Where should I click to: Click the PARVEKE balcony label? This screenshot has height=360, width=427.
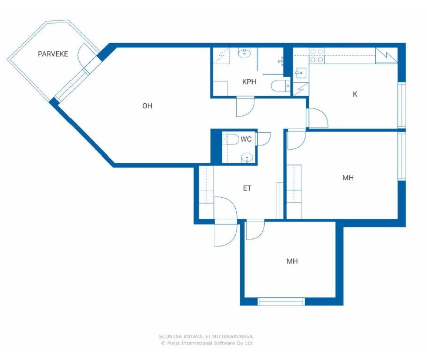53,54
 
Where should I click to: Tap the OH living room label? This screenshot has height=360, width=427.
147,106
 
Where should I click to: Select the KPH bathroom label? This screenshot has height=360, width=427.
249,82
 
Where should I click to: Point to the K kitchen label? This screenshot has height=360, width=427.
355,94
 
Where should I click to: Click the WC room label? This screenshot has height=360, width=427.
246,139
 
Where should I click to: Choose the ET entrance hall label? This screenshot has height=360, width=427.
247,188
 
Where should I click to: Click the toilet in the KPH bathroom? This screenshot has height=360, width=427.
281,86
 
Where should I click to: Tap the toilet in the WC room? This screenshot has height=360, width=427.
231,140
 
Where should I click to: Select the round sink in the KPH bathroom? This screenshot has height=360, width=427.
244,52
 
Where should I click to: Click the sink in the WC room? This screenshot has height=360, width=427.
247,158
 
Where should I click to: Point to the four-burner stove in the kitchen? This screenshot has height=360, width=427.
317,56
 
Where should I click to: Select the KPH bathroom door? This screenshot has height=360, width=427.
245,107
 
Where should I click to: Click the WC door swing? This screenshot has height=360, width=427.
264,139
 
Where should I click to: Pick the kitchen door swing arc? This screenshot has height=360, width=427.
318,118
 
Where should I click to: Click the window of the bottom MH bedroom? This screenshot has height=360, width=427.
281,302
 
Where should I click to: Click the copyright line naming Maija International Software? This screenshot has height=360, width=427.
206,343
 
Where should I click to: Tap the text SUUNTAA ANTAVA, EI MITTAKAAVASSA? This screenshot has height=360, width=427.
206,336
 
